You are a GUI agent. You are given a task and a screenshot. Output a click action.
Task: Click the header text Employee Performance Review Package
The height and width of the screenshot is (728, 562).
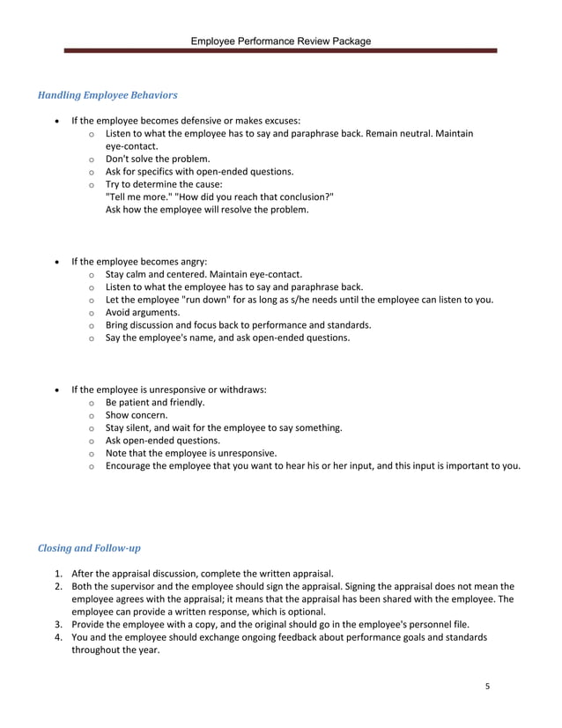282,41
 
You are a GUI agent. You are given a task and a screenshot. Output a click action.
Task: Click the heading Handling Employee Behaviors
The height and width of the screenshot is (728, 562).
107,94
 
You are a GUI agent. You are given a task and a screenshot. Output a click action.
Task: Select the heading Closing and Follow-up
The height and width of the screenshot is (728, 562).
89,547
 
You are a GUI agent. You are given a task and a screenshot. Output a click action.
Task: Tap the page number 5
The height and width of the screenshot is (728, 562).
487,686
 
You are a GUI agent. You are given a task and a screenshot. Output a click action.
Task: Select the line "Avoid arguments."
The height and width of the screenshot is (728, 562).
143,312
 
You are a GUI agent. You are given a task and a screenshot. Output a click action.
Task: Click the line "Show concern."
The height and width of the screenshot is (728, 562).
137,415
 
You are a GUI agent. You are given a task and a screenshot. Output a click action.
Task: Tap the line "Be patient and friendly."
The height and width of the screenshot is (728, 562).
155,402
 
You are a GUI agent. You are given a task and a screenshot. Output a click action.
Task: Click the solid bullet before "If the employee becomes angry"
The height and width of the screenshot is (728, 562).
57,262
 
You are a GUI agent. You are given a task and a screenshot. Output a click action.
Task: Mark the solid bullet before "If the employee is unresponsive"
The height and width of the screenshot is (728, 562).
57,390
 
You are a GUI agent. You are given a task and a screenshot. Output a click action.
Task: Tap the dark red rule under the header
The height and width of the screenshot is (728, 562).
282,52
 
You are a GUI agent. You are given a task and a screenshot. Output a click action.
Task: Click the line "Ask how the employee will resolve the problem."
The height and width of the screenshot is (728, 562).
207,210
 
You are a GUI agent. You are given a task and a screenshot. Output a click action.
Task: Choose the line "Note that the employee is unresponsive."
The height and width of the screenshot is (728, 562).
191,453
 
